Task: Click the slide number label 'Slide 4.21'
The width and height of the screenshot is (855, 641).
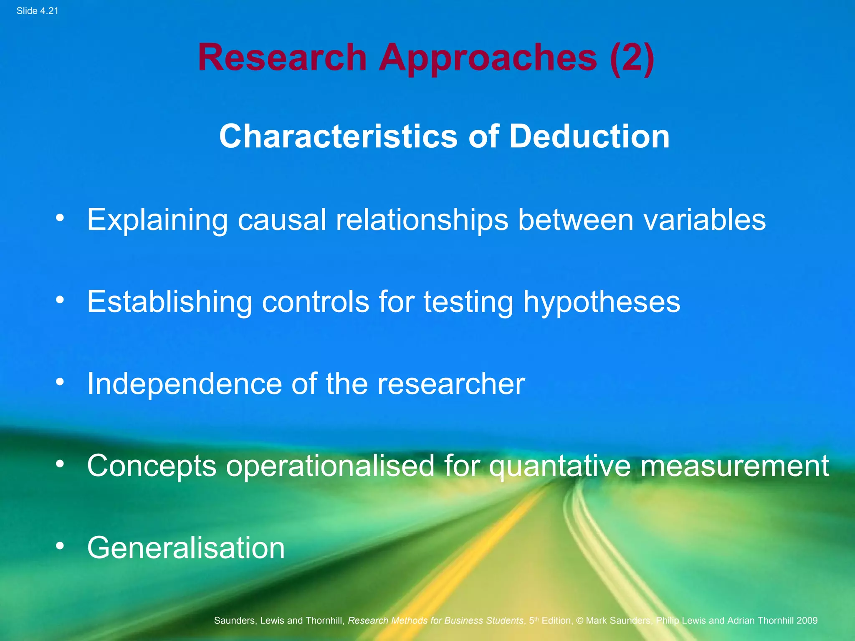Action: coord(37,11)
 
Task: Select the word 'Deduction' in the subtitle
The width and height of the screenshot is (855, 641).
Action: coord(589,136)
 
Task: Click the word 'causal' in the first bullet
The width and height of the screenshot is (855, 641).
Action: coord(282,220)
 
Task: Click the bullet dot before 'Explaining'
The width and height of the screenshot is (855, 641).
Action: coord(60,218)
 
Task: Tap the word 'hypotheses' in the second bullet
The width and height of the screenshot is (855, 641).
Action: coord(602,302)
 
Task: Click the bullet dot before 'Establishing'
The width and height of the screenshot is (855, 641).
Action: coord(60,300)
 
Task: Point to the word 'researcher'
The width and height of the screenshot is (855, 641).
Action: coord(451,384)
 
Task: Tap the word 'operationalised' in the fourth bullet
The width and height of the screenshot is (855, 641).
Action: coord(330,466)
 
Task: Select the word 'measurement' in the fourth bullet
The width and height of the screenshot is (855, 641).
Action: coord(735,466)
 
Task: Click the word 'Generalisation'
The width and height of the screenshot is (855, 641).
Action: coord(186,548)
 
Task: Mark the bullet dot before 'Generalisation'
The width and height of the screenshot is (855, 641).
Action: coord(60,546)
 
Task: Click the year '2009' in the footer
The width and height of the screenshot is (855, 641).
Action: coord(807,621)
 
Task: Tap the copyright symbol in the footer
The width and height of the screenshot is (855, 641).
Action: coord(579,621)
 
